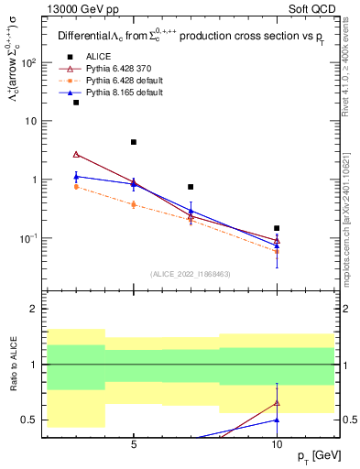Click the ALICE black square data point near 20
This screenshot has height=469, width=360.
click(x=76, y=103)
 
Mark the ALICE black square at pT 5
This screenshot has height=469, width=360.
click(x=134, y=142)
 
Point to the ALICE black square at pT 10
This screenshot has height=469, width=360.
click(x=277, y=228)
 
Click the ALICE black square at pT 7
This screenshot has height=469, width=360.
click(x=191, y=187)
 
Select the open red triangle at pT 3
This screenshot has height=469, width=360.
click(x=76, y=154)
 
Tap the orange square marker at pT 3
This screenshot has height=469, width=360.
click(x=76, y=187)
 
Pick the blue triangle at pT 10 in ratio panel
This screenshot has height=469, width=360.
click(x=277, y=420)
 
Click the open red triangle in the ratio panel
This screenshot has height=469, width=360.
click(x=277, y=402)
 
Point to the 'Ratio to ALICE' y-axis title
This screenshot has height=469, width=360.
click(x=14, y=366)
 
